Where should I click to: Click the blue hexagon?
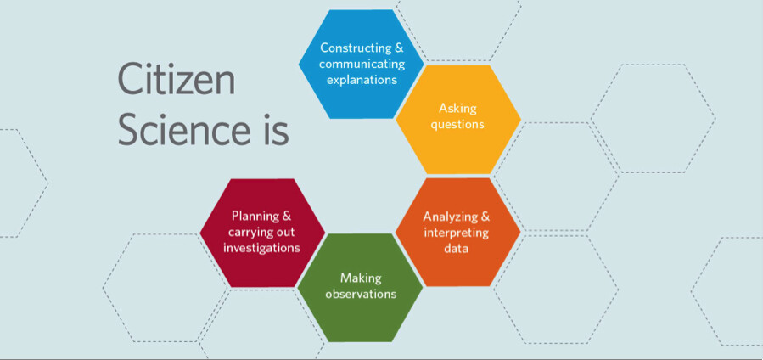[x=361, y=65]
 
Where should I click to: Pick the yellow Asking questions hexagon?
[x=458, y=119]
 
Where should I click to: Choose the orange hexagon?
[x=457, y=232]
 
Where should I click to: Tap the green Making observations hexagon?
[x=361, y=288]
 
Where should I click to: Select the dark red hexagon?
[x=262, y=233]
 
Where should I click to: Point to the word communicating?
[x=362, y=64]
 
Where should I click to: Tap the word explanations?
[x=362, y=79]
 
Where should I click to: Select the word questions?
[x=457, y=124]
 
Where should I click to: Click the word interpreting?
[x=456, y=233]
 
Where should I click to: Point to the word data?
[x=456, y=248]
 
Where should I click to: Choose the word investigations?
[x=261, y=248]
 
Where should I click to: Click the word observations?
[x=361, y=294]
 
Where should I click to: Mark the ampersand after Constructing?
[x=399, y=48]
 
